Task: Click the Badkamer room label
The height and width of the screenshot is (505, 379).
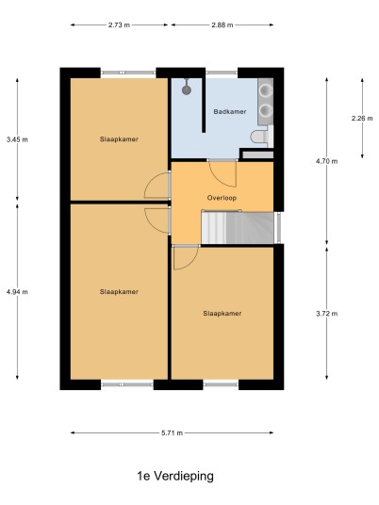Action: point(230,112)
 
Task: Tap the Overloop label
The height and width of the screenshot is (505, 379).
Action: point(222,198)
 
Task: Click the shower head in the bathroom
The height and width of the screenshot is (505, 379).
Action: point(187,89)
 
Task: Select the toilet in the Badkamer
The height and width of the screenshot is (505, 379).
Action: point(262,137)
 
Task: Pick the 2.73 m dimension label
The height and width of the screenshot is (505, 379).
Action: point(119,24)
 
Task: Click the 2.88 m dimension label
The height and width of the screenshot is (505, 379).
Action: point(222,24)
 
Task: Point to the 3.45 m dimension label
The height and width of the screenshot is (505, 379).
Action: point(17,139)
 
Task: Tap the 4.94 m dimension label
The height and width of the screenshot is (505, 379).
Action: point(17,292)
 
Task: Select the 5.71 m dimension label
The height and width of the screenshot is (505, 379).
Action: point(173,432)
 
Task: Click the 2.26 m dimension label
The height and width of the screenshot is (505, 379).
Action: point(362,118)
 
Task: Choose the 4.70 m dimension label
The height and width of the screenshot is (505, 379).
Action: point(327,161)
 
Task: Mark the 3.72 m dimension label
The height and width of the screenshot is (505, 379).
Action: point(327,314)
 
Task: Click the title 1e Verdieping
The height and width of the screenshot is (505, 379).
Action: point(175,476)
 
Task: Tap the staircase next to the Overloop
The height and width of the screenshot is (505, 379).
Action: point(238,227)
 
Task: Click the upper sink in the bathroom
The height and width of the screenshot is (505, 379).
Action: point(266,90)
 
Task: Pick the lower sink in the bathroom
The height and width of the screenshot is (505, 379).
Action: point(266,110)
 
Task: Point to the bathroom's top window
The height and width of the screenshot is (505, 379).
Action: point(222,73)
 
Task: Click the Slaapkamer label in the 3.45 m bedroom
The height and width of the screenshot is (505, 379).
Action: point(119,139)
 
